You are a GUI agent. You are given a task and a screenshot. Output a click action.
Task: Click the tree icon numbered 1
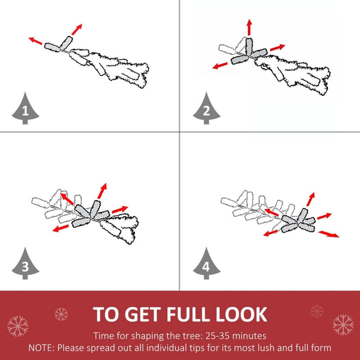tap(25, 109)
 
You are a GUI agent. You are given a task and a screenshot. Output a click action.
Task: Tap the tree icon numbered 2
tap(206, 109)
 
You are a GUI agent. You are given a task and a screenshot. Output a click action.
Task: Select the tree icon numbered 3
tap(25, 264)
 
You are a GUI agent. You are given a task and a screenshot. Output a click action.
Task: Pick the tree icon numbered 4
tap(206, 264)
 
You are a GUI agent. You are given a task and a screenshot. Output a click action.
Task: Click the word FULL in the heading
tap(188, 314)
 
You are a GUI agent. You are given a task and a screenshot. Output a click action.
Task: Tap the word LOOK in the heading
tap(241, 314)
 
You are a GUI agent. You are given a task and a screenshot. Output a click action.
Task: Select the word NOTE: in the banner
tap(41, 348)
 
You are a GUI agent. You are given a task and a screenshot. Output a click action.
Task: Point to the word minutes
tap(249, 336)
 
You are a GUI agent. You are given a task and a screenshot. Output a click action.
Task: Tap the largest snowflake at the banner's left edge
tap(17, 326)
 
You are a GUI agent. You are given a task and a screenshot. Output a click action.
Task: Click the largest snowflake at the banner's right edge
tap(343, 324)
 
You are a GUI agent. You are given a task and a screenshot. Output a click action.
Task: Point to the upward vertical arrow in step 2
tap(249, 27)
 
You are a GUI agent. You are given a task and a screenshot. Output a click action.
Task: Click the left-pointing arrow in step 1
tap(35, 41)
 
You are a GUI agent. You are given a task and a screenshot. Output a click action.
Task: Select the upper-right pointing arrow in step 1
tap(76, 29)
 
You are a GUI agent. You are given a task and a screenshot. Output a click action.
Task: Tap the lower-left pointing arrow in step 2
tap(220, 65)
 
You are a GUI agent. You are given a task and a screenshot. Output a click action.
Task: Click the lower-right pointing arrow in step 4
tap(329, 234)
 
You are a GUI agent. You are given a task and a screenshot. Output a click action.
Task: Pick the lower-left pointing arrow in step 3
tap(60, 228)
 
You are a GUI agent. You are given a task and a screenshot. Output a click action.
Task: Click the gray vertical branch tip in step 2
tap(249, 46)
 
